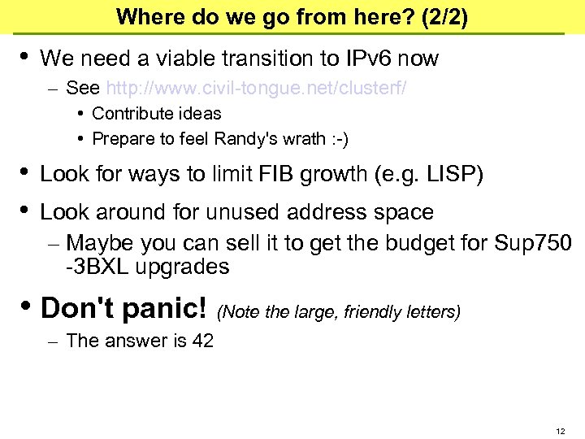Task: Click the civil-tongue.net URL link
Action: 257,87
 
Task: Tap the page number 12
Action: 559,430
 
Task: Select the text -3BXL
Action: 98,267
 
